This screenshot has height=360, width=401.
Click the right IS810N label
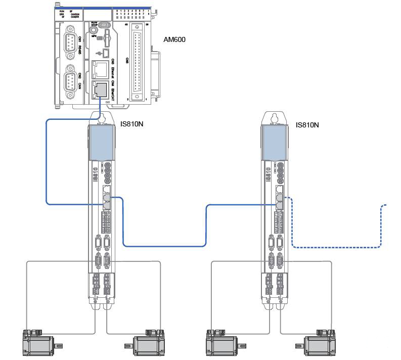tap(307, 125)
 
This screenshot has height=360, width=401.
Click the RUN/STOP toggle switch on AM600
tap(103, 24)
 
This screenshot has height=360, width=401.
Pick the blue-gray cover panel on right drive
tap(276, 143)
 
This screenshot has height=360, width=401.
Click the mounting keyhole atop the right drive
tap(276, 117)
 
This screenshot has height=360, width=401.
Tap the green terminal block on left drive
tap(106, 221)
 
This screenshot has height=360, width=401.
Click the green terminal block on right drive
tap(280, 221)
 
